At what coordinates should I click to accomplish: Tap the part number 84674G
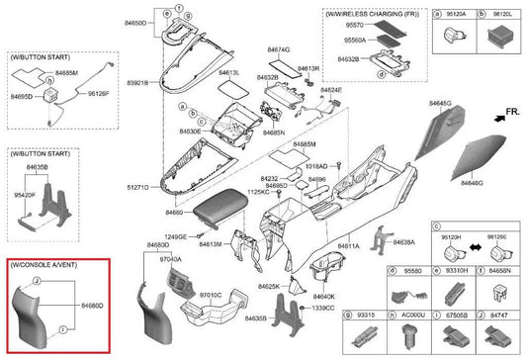click(279, 48)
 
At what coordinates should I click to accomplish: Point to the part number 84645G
click(439, 103)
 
